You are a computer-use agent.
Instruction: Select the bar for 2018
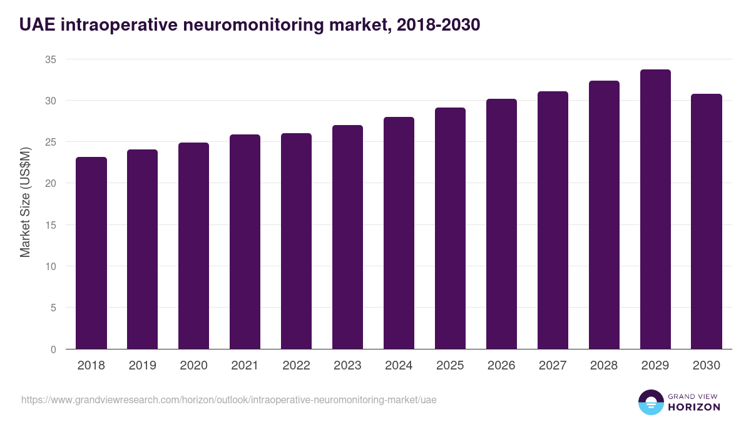point(91,253)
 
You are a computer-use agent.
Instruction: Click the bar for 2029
point(655,209)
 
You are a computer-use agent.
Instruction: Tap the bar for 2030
point(707,221)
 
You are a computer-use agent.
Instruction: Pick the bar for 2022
point(296,241)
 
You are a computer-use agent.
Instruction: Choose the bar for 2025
point(451,228)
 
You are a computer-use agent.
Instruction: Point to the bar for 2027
point(553,220)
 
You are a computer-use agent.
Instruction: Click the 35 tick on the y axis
point(51,59)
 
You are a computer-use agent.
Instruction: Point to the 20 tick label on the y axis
point(51,183)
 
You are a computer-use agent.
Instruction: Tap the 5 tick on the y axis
point(53,308)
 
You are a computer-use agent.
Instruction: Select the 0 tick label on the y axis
point(53,349)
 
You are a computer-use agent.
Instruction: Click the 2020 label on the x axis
point(193,366)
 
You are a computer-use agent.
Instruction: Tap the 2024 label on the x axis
point(399,366)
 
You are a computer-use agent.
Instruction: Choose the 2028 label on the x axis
point(604,366)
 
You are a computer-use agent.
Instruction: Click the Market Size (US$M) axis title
point(25,201)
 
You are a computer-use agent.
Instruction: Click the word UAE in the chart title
point(36,24)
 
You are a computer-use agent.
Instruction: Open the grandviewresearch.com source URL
point(229,399)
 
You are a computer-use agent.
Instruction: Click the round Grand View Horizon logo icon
point(651,402)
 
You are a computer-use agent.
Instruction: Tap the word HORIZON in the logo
point(693,407)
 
